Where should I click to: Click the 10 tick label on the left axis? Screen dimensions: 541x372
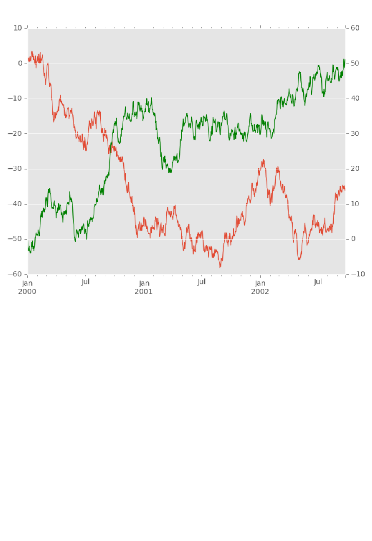(x=18, y=28)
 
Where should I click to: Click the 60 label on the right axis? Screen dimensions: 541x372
(x=355, y=28)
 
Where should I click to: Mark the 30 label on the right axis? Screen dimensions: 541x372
(x=355, y=133)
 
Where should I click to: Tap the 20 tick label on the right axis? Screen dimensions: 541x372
(x=355, y=169)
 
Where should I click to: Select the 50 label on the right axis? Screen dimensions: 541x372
(x=355, y=63)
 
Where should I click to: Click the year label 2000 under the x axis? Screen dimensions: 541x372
(x=27, y=291)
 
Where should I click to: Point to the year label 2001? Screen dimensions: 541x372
(x=144, y=291)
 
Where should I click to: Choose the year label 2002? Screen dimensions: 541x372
(x=260, y=291)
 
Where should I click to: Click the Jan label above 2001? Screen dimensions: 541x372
(x=144, y=283)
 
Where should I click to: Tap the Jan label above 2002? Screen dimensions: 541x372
(x=260, y=283)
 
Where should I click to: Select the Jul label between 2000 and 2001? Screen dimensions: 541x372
(x=85, y=281)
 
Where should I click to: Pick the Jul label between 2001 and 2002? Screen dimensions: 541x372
(x=201, y=281)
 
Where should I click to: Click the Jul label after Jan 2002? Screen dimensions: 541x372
(x=318, y=281)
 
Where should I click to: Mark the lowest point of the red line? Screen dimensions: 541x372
(x=220, y=267)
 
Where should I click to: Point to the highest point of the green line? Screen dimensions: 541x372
(x=344, y=59)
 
